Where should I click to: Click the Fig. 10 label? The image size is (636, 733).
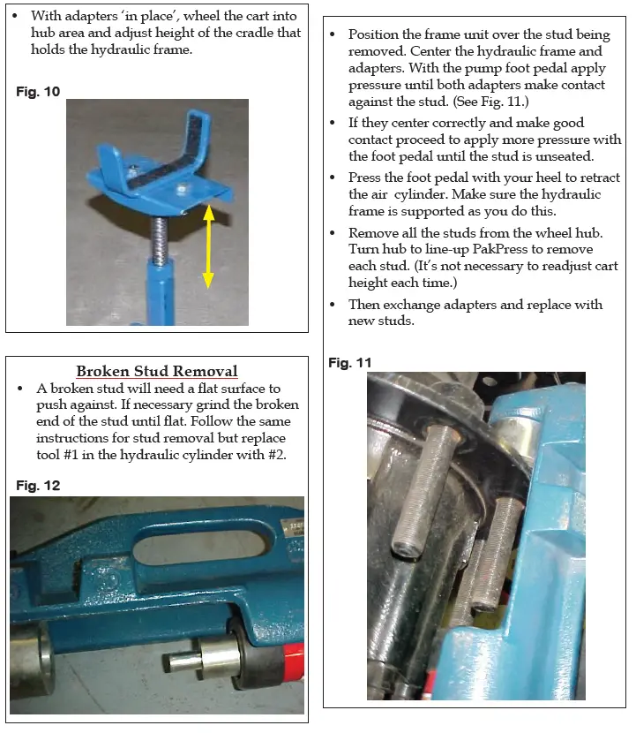point(38,91)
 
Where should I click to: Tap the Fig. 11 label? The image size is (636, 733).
point(350,362)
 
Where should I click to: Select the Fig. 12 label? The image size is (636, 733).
point(38,485)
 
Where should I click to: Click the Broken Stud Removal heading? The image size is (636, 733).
point(157,371)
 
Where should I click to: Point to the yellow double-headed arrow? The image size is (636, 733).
point(208,246)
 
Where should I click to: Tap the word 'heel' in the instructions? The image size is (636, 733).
point(528,178)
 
